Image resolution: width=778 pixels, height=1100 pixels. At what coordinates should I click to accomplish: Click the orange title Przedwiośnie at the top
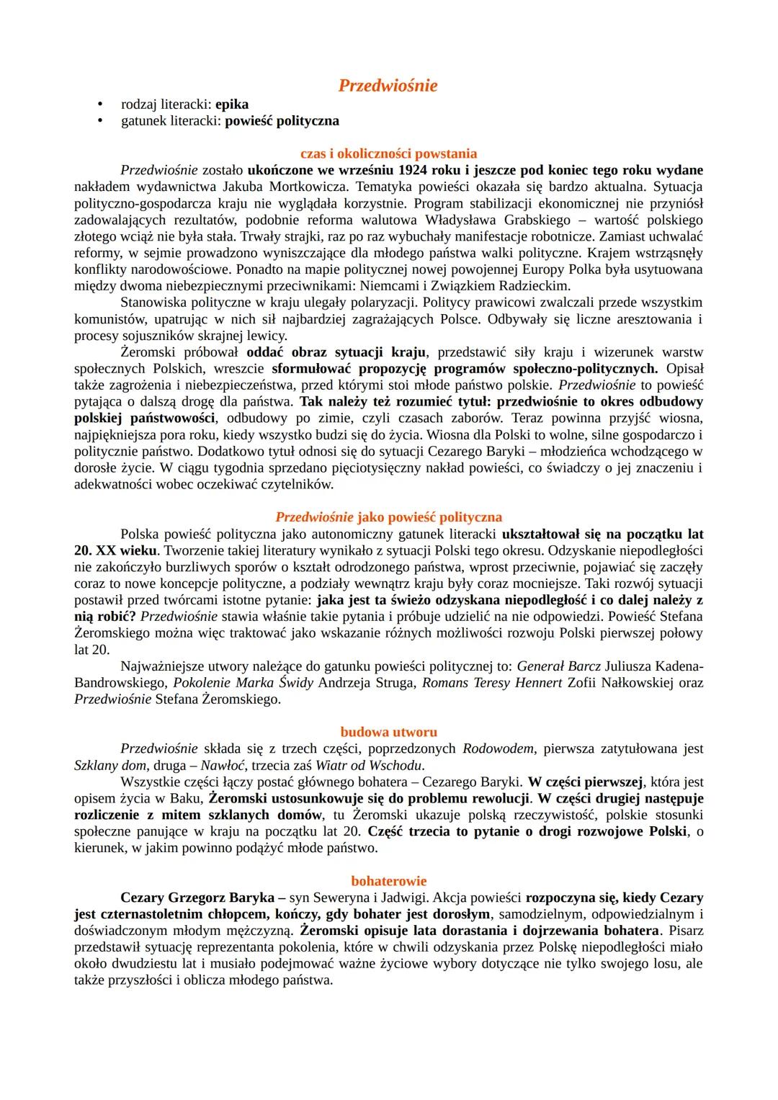pyautogui.click(x=388, y=86)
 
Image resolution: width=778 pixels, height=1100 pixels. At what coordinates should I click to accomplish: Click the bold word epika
pyautogui.click(x=232, y=104)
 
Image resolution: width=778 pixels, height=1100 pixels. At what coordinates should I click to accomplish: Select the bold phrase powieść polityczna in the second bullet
pyautogui.click(x=282, y=121)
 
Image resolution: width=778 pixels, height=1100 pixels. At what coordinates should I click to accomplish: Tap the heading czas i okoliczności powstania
pyautogui.click(x=388, y=153)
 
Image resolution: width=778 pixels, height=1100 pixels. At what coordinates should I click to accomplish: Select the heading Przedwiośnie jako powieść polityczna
pyautogui.click(x=388, y=517)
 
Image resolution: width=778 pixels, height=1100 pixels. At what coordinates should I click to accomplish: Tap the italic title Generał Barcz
pyautogui.click(x=558, y=666)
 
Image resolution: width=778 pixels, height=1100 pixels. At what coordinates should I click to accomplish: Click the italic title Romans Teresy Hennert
pyautogui.click(x=491, y=682)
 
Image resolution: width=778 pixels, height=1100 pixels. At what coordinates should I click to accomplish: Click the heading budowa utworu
pyautogui.click(x=388, y=732)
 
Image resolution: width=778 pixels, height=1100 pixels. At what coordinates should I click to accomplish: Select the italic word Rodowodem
pyautogui.click(x=498, y=748)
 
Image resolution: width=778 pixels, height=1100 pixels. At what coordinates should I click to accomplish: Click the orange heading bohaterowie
pyautogui.click(x=388, y=881)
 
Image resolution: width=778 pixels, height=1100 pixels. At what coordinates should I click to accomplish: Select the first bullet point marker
pyautogui.click(x=101, y=104)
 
